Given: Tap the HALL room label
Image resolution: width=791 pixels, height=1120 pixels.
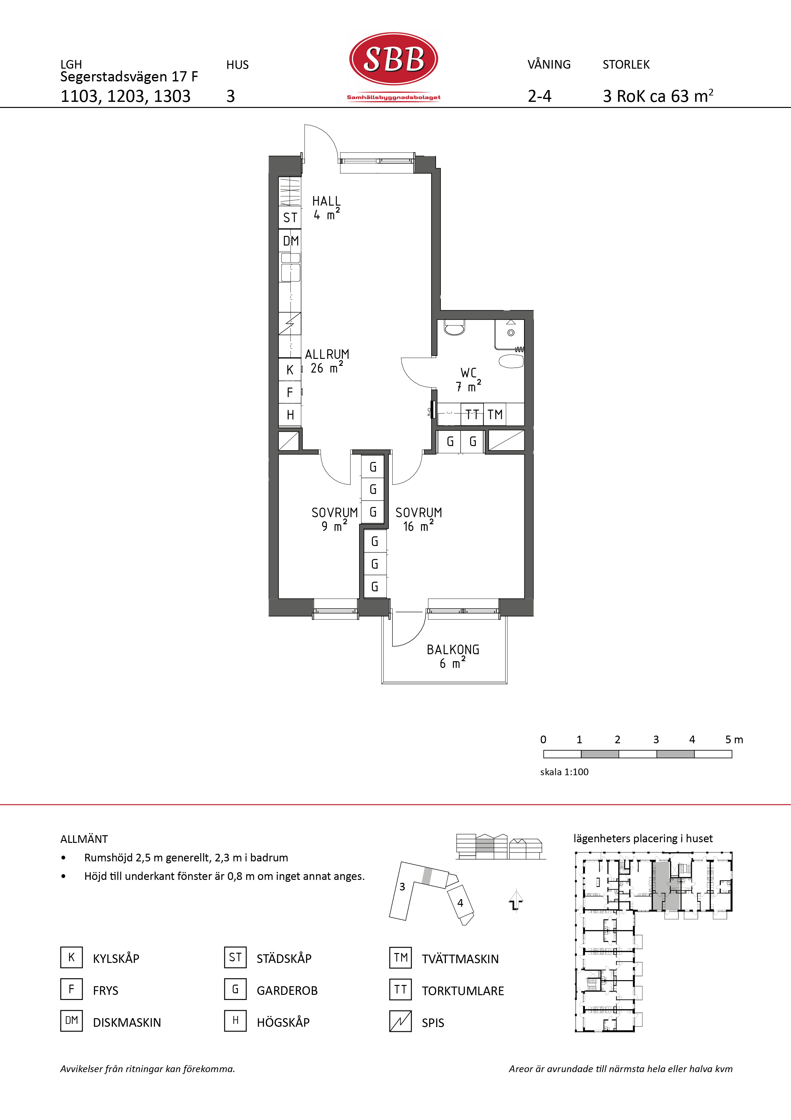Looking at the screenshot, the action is pyautogui.click(x=326, y=201).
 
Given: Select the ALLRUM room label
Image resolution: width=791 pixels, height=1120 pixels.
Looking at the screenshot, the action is pyautogui.click(x=327, y=354).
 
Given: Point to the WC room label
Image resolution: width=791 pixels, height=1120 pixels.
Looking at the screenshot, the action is pyautogui.click(x=468, y=373).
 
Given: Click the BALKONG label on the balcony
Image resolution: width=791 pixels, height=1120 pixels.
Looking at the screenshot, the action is pyautogui.click(x=453, y=650).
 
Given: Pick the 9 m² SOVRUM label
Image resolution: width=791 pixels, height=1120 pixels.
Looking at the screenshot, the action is pyautogui.click(x=334, y=513).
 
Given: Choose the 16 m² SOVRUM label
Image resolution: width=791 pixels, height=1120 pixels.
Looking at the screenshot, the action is pyautogui.click(x=419, y=513).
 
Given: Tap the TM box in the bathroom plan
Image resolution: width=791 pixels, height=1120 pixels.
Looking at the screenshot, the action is pyautogui.click(x=495, y=415).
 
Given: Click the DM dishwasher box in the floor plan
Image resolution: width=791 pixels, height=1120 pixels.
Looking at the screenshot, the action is pyautogui.click(x=291, y=241).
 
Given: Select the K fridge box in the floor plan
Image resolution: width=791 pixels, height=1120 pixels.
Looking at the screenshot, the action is pyautogui.click(x=290, y=370).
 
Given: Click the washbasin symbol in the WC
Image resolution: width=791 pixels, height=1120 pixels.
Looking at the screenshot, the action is pyautogui.click(x=511, y=361).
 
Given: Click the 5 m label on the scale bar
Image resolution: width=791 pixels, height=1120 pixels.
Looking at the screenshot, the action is pyautogui.click(x=734, y=739).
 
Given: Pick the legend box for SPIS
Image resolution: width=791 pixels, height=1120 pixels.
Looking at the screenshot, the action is pyautogui.click(x=401, y=1021).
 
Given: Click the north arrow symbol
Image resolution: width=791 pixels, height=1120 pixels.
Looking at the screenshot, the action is pyautogui.click(x=516, y=900).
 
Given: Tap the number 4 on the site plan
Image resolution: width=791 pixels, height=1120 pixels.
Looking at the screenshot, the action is pyautogui.click(x=460, y=903).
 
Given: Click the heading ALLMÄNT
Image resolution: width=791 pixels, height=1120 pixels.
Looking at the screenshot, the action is pyautogui.click(x=84, y=839).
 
